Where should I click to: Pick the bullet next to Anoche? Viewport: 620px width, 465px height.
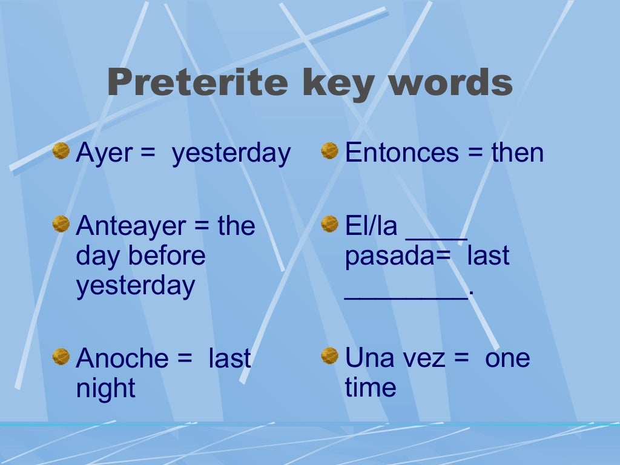[61, 356]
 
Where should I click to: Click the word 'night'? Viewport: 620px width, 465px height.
[105, 389]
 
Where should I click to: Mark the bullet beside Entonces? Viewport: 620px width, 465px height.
[329, 151]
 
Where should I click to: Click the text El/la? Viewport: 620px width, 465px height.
[371, 226]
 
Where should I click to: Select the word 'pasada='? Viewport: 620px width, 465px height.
[398, 257]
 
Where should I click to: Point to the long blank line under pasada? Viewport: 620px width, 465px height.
[406, 296]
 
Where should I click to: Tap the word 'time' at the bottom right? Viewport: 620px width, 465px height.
[371, 387]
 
